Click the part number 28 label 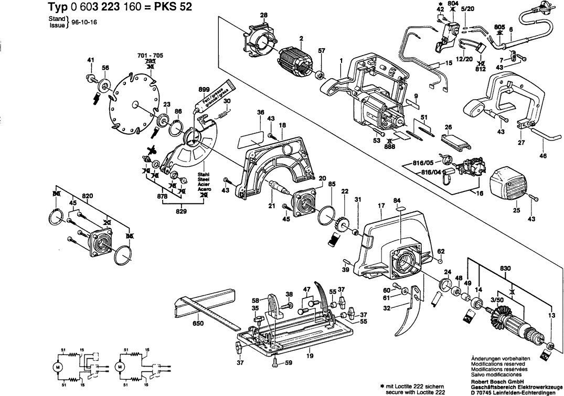(x=263, y=15)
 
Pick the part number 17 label (x=382, y=206)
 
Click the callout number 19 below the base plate (x=310, y=356)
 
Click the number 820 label (x=88, y=195)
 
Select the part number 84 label (x=397, y=200)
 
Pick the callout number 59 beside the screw (x=288, y=362)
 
